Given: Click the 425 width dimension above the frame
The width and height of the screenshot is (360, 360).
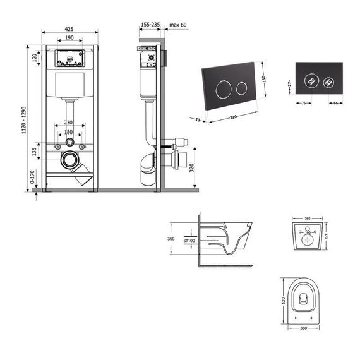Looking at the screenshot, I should pos(69,28).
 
